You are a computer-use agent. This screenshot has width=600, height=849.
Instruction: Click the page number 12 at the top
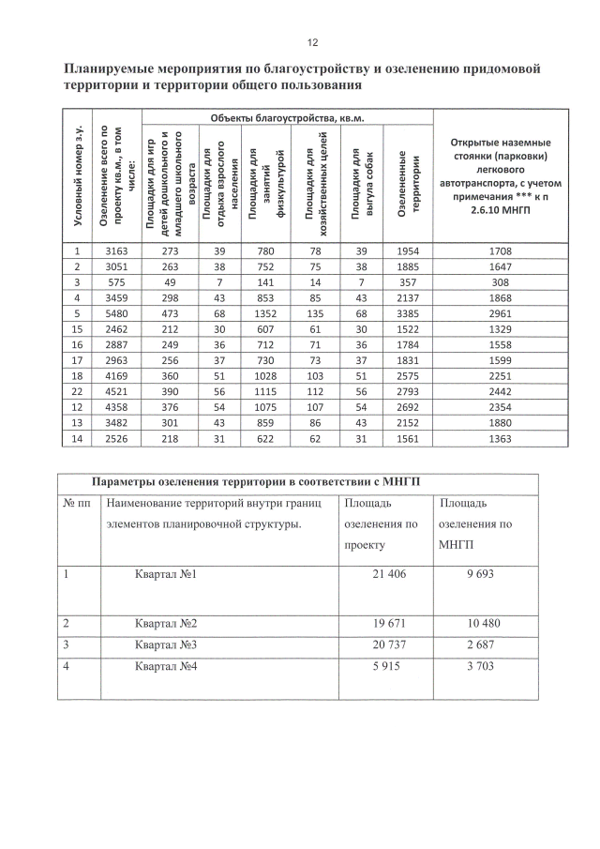[x=312, y=42]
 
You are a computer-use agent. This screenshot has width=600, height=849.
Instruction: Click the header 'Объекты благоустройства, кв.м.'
[x=286, y=118]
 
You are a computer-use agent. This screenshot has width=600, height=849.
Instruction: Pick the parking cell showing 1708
[x=503, y=251]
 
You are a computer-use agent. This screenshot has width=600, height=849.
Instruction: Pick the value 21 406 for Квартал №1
[x=387, y=574]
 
